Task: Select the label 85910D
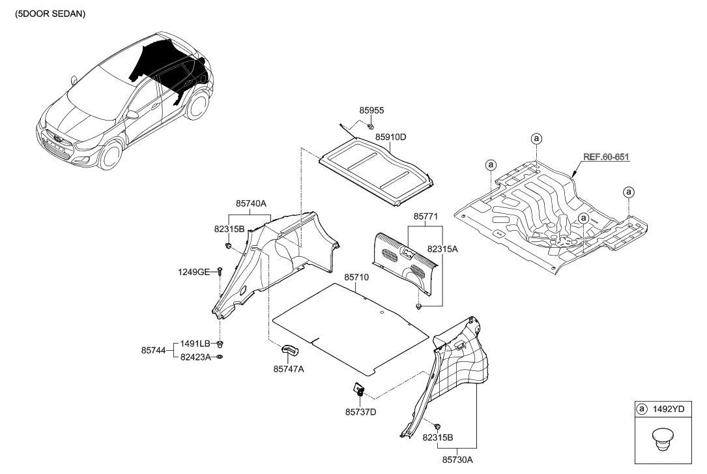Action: point(390,137)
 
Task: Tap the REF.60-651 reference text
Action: point(605,157)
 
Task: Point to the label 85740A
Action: point(252,203)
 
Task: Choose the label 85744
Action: point(154,349)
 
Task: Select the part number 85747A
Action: point(288,369)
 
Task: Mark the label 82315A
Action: point(443,248)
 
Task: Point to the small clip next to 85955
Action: point(370,126)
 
